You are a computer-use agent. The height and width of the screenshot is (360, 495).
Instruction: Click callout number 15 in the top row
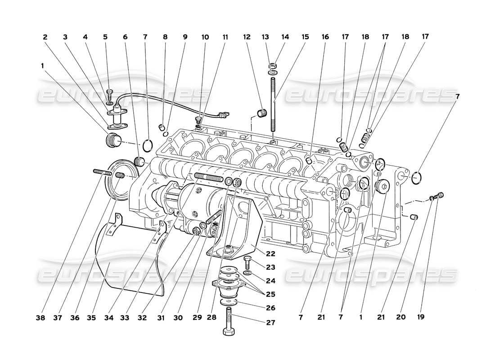pyautogui.click(x=306, y=37)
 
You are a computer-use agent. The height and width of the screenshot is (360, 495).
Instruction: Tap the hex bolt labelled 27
pyautogui.click(x=229, y=322)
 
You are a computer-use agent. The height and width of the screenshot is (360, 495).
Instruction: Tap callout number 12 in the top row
pyautogui.click(x=247, y=37)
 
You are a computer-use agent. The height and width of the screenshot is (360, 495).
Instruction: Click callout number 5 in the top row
pyautogui.click(x=106, y=37)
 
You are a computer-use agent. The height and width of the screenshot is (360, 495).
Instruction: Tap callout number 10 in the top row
pyautogui.click(x=205, y=37)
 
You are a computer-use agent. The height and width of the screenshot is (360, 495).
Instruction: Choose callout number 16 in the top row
pyautogui.click(x=325, y=37)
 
